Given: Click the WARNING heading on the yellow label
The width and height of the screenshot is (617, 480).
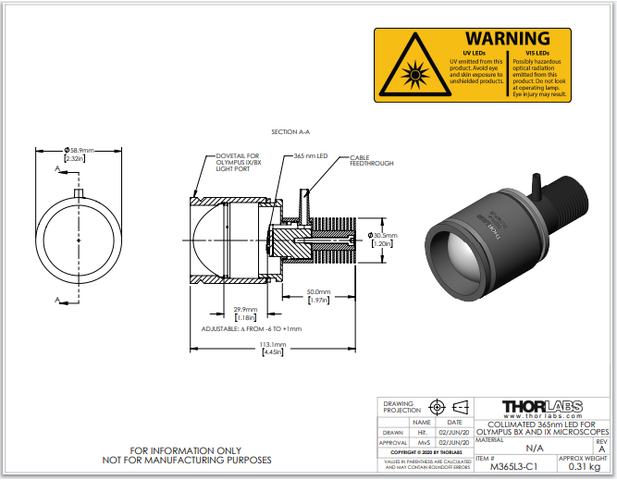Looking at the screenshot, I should pyautogui.click(x=507, y=39).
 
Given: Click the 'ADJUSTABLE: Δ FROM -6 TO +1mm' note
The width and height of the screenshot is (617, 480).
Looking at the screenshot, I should pyautogui.click(x=252, y=328).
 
